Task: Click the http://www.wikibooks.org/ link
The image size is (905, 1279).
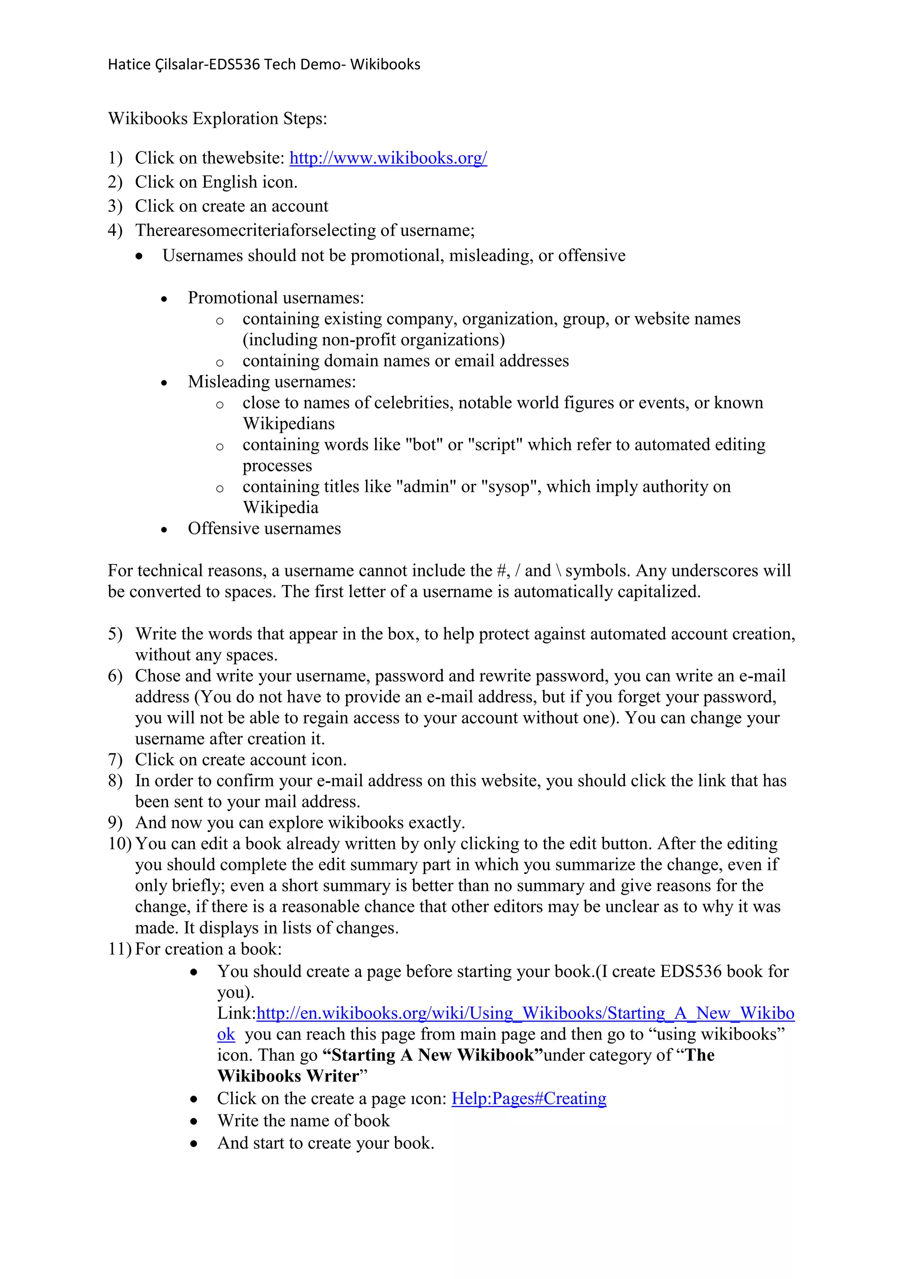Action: pos(388,158)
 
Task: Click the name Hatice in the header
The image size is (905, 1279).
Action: pos(128,64)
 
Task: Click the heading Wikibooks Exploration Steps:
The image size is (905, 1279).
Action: pos(217,119)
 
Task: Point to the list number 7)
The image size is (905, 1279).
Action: pos(115,760)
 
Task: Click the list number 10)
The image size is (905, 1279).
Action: pos(119,844)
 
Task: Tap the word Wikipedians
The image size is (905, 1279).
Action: pos(289,424)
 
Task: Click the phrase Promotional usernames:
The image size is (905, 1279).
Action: pos(276,298)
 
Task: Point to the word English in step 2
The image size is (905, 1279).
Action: pos(230,182)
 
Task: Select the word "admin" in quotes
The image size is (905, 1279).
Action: pos(426,487)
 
